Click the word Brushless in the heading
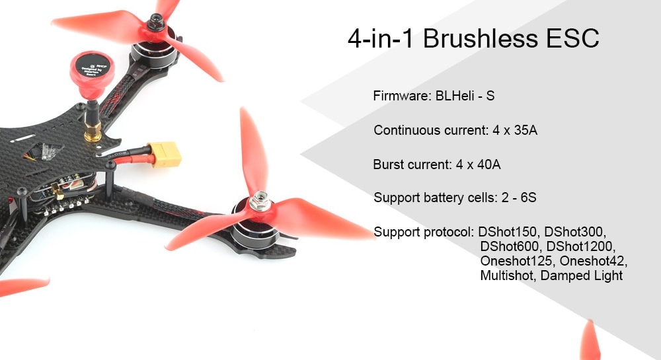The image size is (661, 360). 480,38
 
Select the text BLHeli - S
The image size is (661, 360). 465,96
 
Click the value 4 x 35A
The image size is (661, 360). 515,130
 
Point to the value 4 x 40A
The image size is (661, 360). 478,164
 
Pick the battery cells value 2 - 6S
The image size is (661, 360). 519,198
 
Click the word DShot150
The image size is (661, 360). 508,232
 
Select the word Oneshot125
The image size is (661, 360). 516,261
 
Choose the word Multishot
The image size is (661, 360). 508,276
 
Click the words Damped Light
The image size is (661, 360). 581,276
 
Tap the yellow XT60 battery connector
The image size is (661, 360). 166,154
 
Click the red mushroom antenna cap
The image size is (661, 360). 93,74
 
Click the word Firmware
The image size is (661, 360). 402,96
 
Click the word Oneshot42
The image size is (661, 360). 594,261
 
